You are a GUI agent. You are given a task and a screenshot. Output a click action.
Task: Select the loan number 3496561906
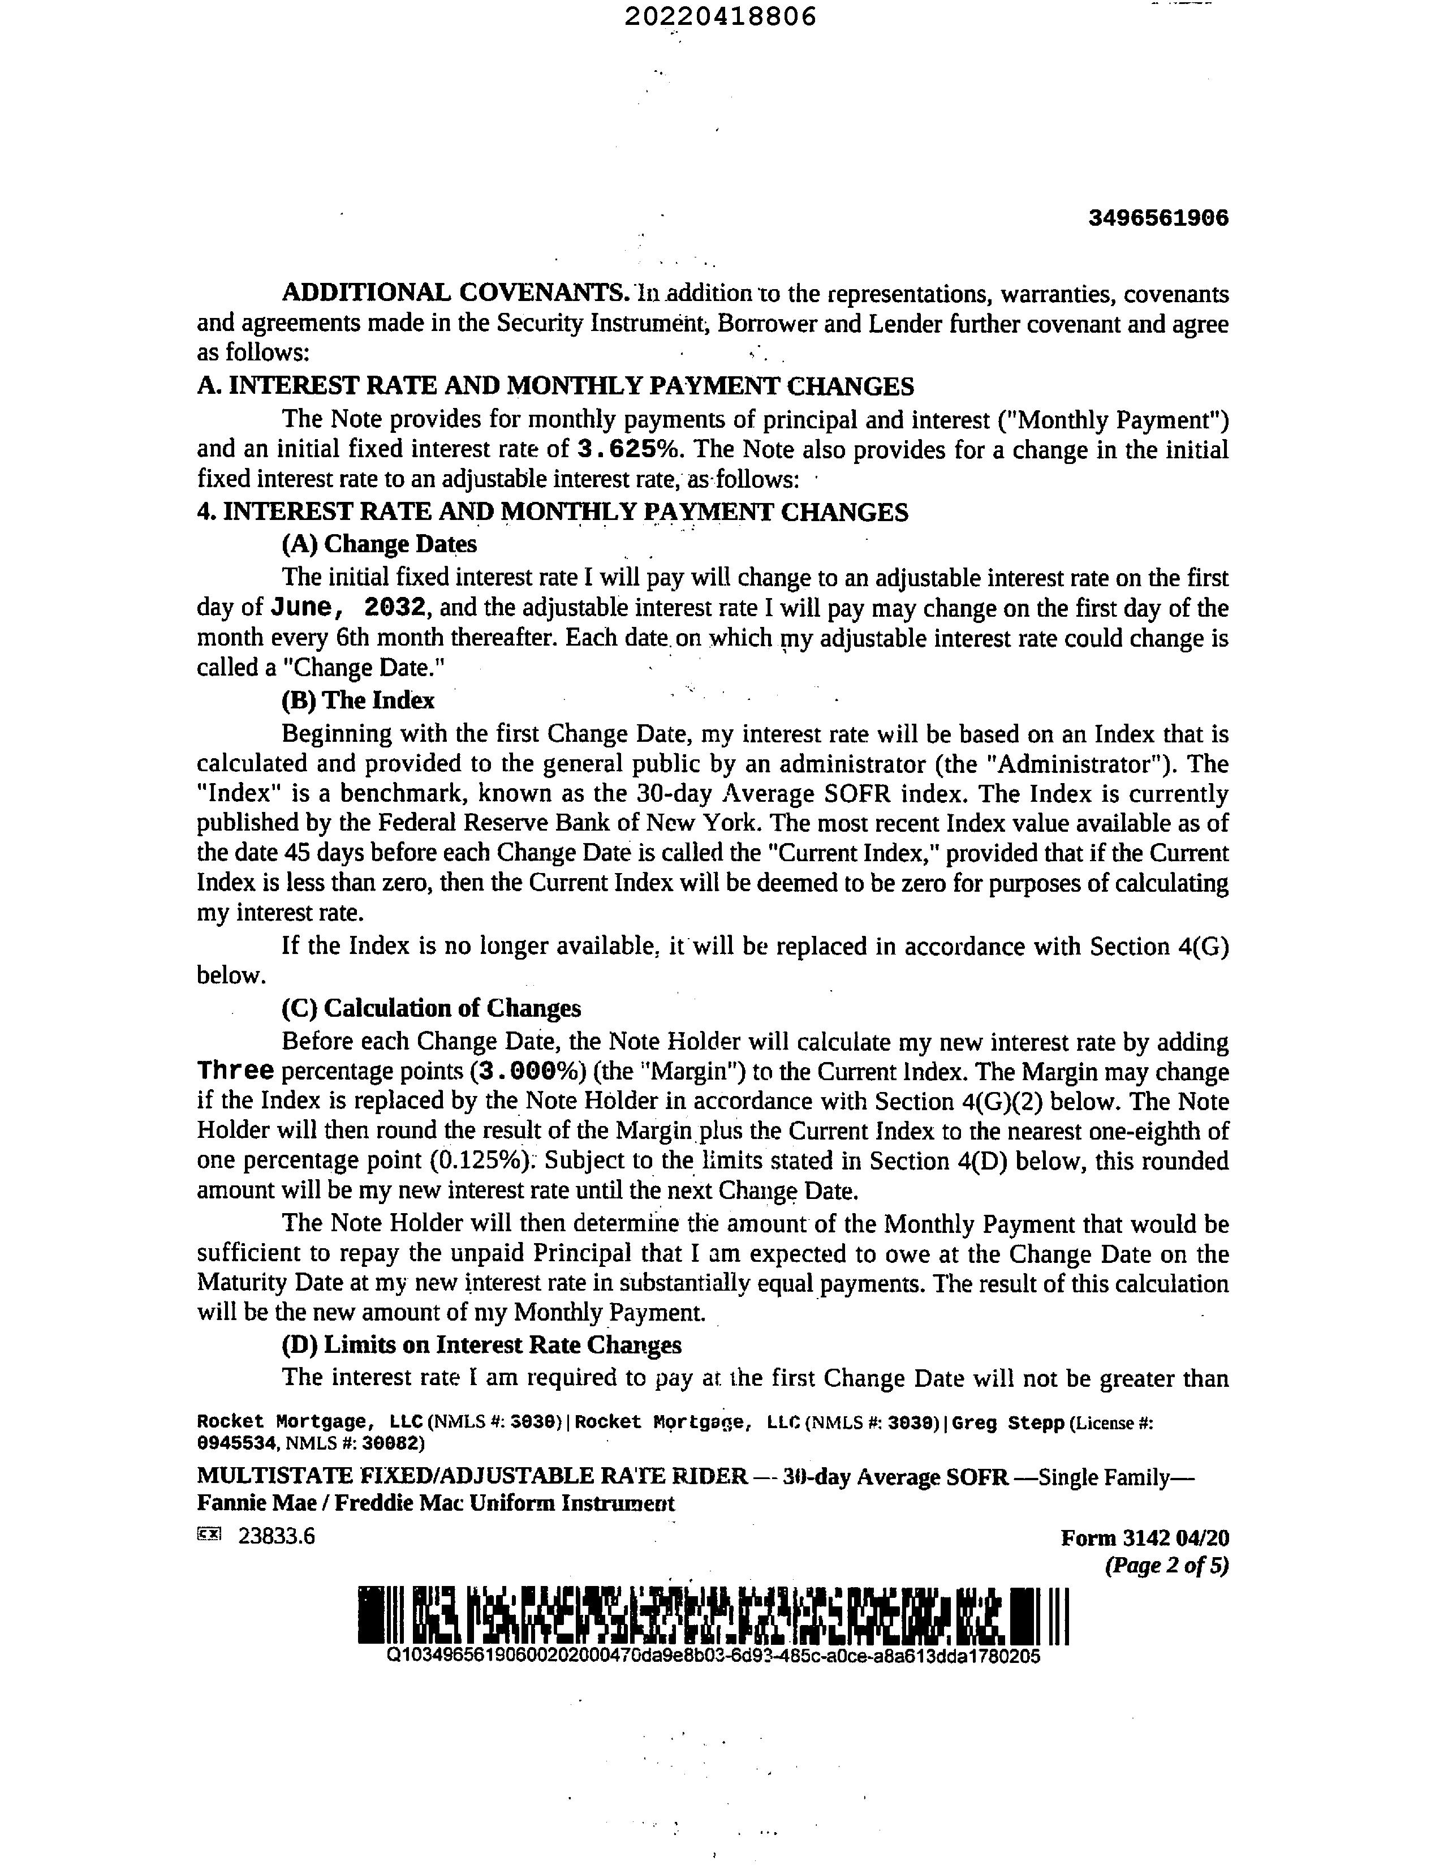tap(1158, 218)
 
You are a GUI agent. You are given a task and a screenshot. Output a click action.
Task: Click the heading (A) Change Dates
tap(379, 544)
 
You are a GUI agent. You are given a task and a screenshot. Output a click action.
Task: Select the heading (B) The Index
tap(357, 700)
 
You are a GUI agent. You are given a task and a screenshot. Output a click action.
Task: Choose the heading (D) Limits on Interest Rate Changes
tap(481, 1344)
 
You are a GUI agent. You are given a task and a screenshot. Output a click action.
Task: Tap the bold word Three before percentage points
tap(235, 1071)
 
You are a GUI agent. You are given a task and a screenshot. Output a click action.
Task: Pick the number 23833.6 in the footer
tap(276, 1536)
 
